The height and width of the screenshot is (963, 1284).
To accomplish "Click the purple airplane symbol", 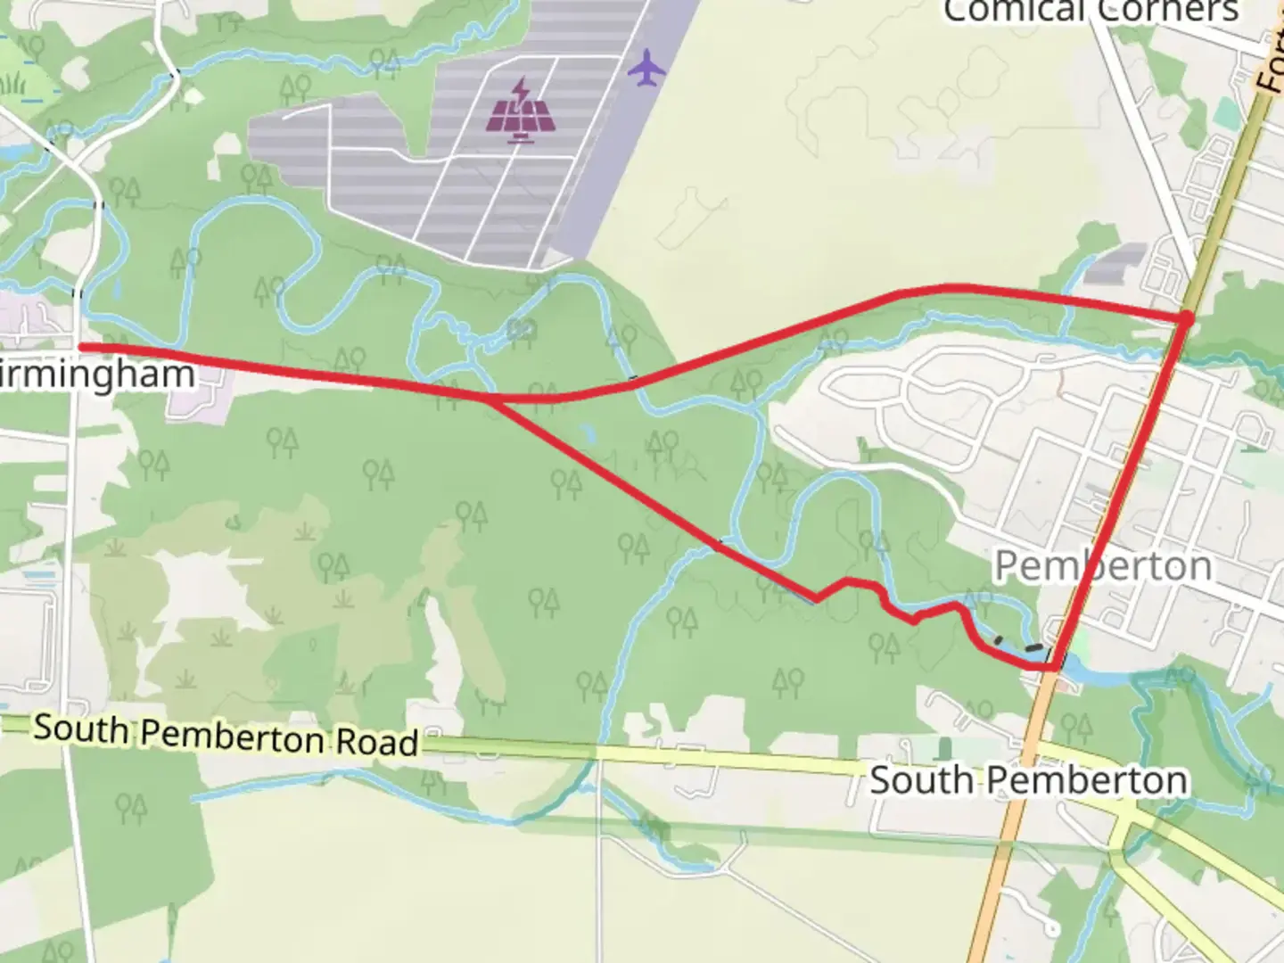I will (x=646, y=68).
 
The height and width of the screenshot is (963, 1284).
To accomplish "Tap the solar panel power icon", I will (x=523, y=111).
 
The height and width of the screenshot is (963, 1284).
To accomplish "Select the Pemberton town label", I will (x=1103, y=565).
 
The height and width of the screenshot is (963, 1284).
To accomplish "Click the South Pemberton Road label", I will (x=226, y=736).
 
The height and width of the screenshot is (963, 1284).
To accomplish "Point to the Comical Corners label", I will (x=1091, y=11).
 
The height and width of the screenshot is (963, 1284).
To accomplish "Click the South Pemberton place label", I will (x=1028, y=780).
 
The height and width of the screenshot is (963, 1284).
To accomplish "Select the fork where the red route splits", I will (x=490, y=400).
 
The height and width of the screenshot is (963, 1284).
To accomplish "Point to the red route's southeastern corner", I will (x=1055, y=666).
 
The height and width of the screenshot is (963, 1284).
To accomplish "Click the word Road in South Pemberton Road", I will (x=376, y=742).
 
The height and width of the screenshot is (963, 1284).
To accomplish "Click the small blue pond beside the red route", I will (x=586, y=434).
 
